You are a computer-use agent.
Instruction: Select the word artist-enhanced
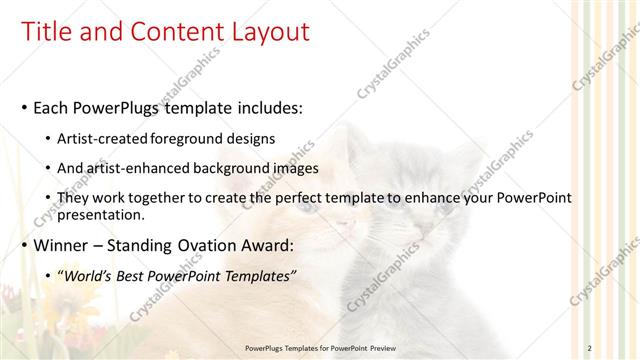(137, 168)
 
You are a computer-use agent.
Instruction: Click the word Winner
(62, 245)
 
